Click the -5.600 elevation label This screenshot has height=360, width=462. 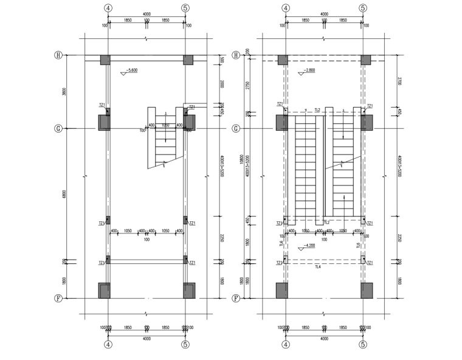click(131, 71)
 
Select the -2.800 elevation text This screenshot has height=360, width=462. click(308, 71)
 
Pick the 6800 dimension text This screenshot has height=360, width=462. click(65, 195)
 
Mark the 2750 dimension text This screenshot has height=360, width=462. click(249, 85)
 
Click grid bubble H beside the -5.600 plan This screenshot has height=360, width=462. click(58, 55)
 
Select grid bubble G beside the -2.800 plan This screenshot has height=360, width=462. click(235, 129)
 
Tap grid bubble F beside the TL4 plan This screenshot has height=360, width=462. click(235, 299)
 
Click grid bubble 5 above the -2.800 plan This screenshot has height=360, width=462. click(363, 9)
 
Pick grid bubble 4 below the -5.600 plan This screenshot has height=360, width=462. click(108, 344)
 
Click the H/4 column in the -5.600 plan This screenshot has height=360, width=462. click(105, 60)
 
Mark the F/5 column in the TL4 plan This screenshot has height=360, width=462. click(366, 291)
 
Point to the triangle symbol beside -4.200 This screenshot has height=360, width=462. click(300, 249)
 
